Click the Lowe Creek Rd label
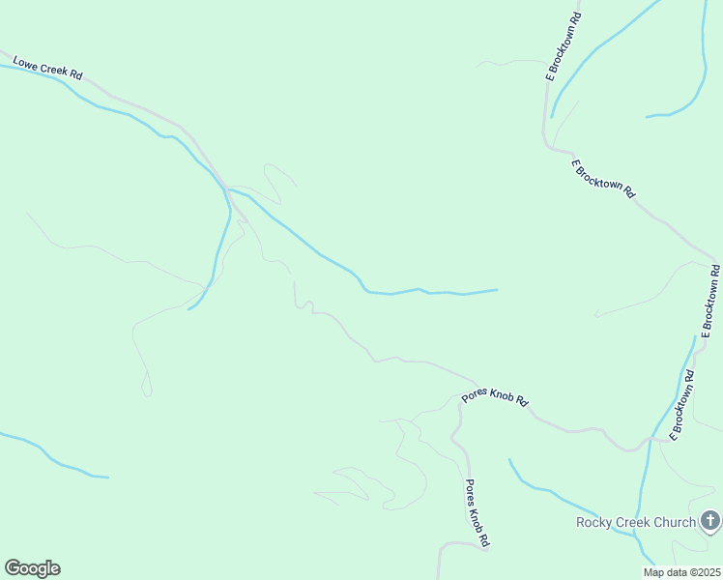[47, 69]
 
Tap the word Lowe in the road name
[25, 63]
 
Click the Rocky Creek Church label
[635, 523]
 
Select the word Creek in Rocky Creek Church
[632, 523]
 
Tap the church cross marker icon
[709, 523]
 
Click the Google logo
[32, 568]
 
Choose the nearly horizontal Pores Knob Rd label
[496, 397]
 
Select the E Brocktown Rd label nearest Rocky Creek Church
[682, 407]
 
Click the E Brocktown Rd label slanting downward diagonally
[603, 179]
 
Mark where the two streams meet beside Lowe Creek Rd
[228, 189]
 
